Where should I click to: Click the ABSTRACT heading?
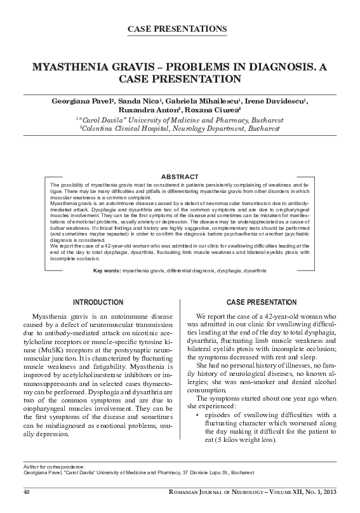pos(180,176)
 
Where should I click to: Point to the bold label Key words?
pos(107,271)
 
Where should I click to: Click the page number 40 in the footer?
pos(27,492)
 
